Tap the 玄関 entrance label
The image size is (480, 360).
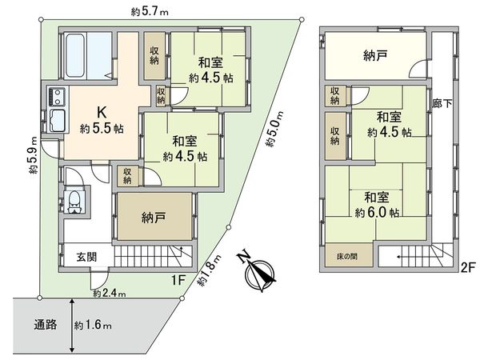86,257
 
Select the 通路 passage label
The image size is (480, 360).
46,326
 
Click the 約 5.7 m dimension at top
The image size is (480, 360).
150,11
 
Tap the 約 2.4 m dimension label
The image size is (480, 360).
109,294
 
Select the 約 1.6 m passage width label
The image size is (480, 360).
93,326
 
